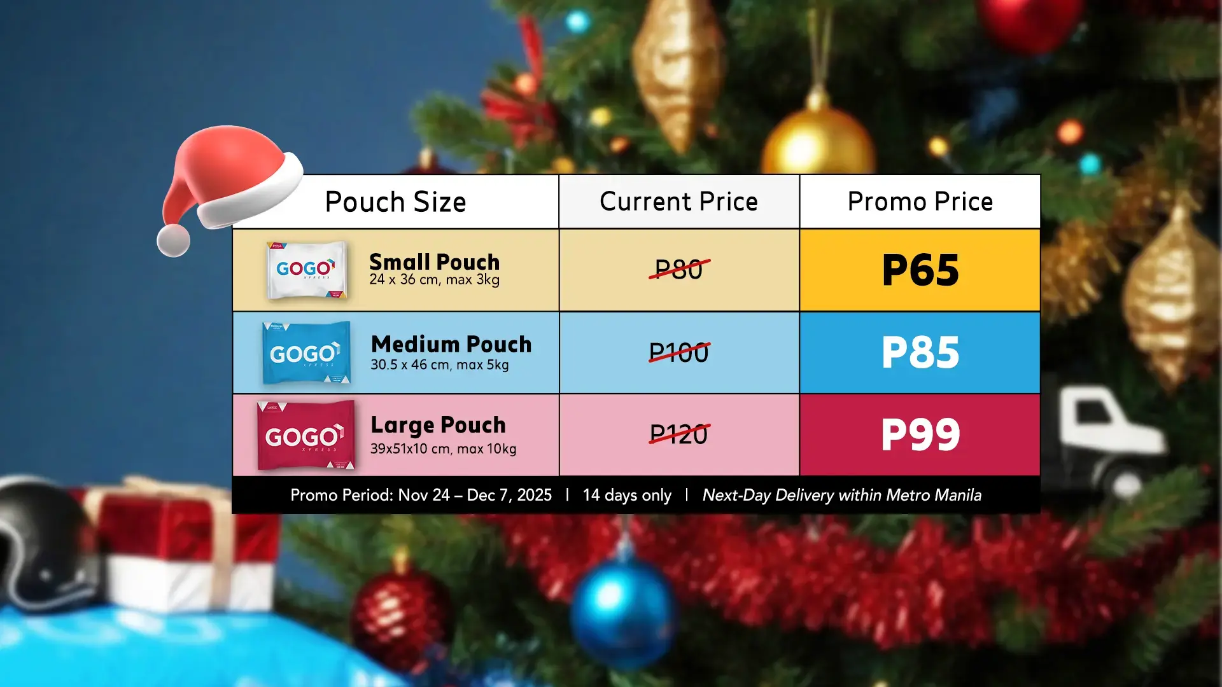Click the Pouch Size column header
[x=395, y=202]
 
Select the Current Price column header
[x=678, y=202]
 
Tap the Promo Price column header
[x=920, y=202]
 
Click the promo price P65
[x=920, y=270]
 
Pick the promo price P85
[x=920, y=352]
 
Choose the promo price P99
[x=920, y=435]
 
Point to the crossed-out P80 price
[x=679, y=269]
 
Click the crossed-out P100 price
[x=679, y=352]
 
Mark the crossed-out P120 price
[x=679, y=434]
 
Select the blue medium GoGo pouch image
[x=306, y=352]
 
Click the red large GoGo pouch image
[x=306, y=435]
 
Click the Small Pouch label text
[x=435, y=262]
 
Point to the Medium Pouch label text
[x=451, y=344]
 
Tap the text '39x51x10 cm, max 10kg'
[x=444, y=448]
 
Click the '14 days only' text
[x=627, y=495]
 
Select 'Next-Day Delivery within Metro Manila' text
[x=842, y=495]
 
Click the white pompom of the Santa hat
[x=174, y=240]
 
